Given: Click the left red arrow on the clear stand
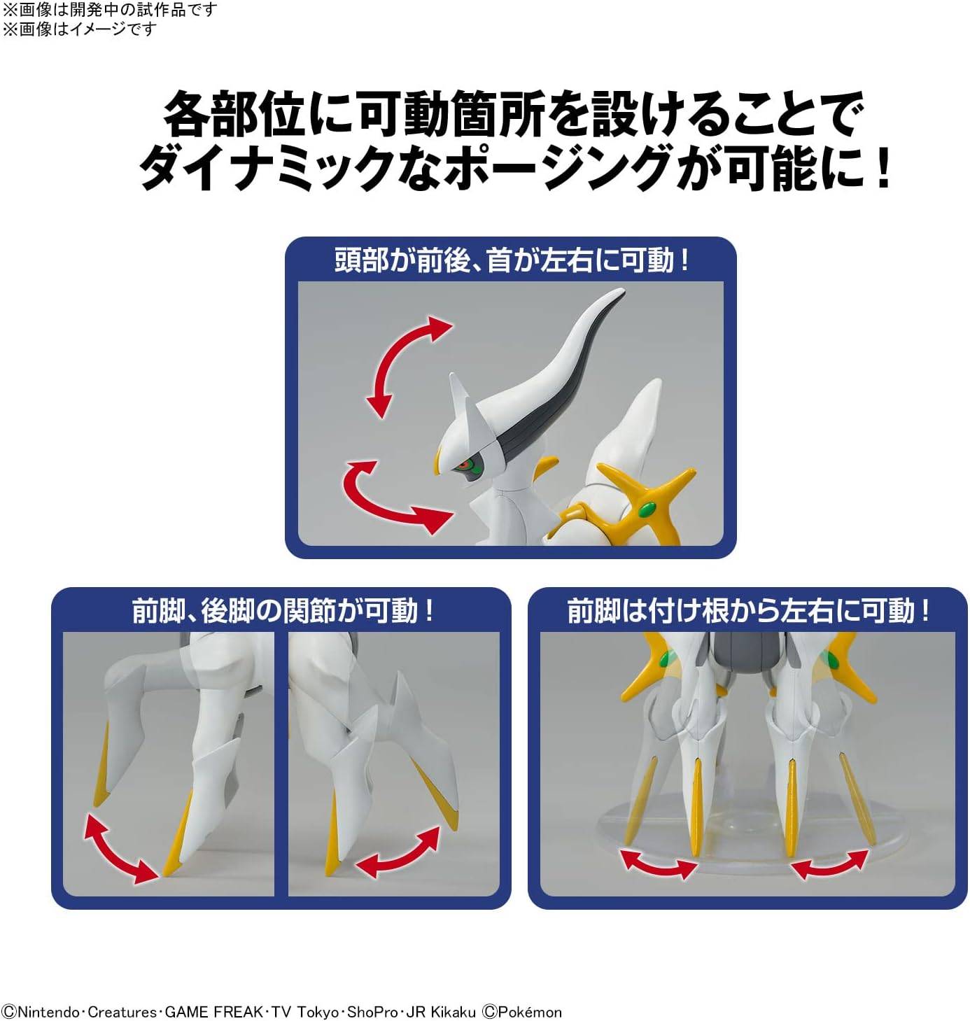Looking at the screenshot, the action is pyautogui.click(x=659, y=864).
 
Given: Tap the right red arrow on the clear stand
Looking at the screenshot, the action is pyautogui.click(x=829, y=865).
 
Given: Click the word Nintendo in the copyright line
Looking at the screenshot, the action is pyautogui.click(x=48, y=1012).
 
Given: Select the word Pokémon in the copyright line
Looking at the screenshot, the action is pyautogui.click(x=529, y=1012).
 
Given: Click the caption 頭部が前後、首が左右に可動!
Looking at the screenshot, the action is pyautogui.click(x=511, y=260).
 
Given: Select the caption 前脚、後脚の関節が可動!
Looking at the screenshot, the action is pyautogui.click(x=283, y=610).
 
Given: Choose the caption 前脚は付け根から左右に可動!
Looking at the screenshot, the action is pyautogui.click(x=748, y=610).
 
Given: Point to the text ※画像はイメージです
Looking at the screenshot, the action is pyautogui.click(x=79, y=29).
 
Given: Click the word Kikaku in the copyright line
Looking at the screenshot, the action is pyautogui.click(x=457, y=1012).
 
